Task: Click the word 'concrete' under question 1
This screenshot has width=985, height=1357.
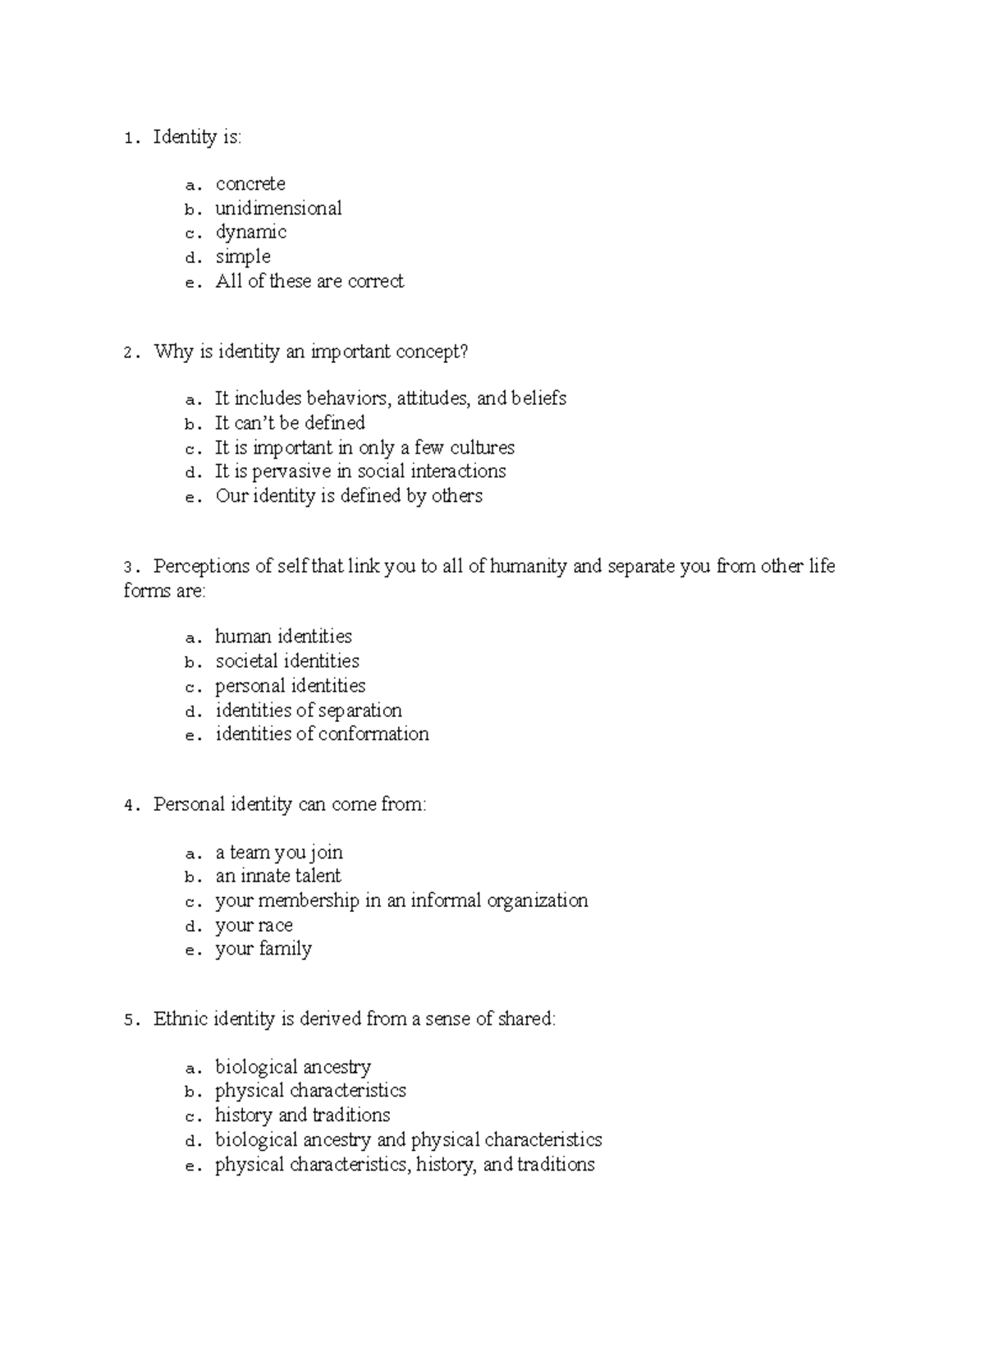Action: [x=250, y=184]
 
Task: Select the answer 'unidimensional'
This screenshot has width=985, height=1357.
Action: [x=278, y=209]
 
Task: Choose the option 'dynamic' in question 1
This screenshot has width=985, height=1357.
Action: [x=250, y=232]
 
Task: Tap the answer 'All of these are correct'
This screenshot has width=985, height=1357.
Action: [x=309, y=282]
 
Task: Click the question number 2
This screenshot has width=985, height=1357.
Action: [x=128, y=353]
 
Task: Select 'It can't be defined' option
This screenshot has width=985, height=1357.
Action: [x=290, y=423]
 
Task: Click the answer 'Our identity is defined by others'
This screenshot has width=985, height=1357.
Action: [x=349, y=496]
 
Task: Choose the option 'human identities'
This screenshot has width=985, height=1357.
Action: [x=283, y=637]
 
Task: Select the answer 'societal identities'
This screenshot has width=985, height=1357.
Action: [x=287, y=661]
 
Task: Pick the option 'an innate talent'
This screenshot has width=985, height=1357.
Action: [x=278, y=876]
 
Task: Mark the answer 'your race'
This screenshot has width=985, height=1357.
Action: [x=254, y=926]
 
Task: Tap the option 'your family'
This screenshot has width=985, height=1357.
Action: [x=263, y=950]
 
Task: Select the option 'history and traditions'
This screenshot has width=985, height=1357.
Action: [x=302, y=1115]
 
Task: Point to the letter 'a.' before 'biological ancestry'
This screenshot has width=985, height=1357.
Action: [x=193, y=1069]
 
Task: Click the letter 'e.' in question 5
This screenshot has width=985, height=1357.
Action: [x=193, y=1166]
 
